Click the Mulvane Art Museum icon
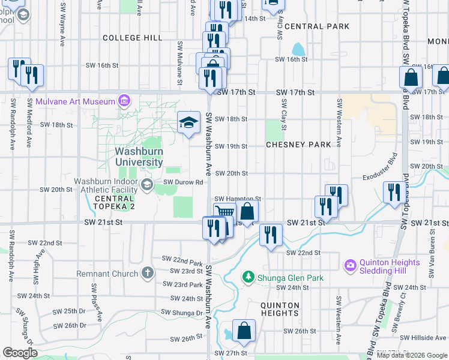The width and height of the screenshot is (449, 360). pyautogui.click(x=124, y=100)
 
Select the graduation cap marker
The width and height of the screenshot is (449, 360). pyautogui.click(x=188, y=124)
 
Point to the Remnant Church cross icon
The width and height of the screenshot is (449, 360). pyautogui.click(x=148, y=274)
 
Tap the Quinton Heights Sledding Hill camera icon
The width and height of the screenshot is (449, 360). pyautogui.click(x=350, y=264)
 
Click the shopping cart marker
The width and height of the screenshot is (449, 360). pyautogui.click(x=224, y=213)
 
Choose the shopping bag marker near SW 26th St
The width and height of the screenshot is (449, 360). pyautogui.click(x=244, y=331)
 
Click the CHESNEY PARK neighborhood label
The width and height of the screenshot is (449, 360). pyautogui.click(x=298, y=145)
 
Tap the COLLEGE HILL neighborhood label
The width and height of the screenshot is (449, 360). pyautogui.click(x=132, y=38)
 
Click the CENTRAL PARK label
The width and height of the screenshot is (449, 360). pyautogui.click(x=316, y=26)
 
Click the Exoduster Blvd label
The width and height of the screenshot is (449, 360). pyautogui.click(x=380, y=169)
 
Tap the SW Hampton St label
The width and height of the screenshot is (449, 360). pyautogui.click(x=238, y=199)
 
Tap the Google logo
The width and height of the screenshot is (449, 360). pyautogui.click(x=20, y=352)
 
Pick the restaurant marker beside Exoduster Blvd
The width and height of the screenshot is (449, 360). pyautogui.click(x=394, y=193)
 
